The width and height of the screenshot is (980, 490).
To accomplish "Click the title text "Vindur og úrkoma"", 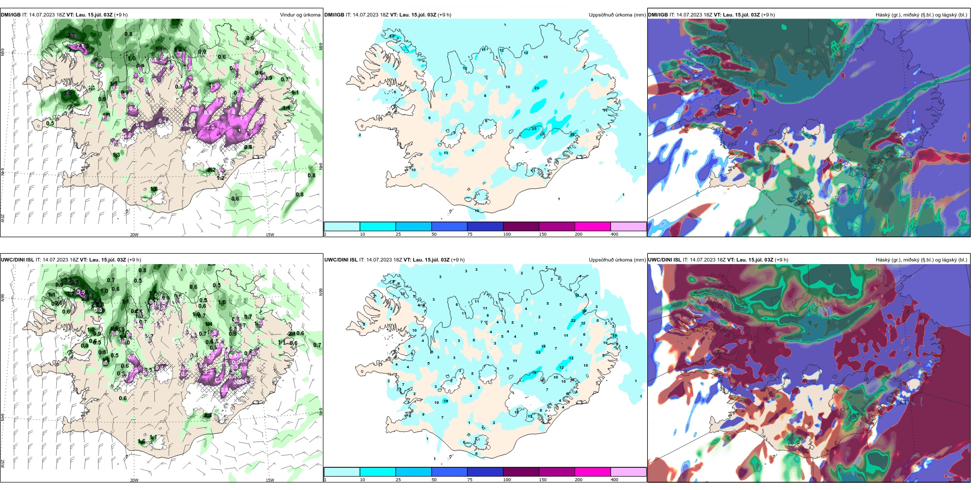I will pos(300,15).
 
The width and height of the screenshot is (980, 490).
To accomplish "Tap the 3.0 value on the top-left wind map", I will pos(68,94).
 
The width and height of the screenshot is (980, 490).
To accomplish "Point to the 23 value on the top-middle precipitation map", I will pos(536,88).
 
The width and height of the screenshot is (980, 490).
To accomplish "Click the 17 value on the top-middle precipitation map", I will pos(391,37).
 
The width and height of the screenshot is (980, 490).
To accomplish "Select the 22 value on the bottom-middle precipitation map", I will pos(573,321).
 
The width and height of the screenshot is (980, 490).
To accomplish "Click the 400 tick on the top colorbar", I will pos(614,234).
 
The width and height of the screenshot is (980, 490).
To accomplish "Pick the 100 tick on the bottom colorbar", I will pos(507,480).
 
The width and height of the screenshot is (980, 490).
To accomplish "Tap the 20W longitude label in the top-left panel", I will pos(134,235).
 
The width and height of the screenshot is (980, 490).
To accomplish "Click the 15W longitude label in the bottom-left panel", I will pos(270,480).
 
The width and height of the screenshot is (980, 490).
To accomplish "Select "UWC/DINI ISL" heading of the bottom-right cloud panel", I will pos(664,260).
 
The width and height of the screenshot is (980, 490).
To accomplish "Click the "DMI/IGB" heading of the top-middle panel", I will pos(334,15).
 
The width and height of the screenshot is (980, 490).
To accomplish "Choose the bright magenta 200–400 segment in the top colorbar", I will pos(593,226).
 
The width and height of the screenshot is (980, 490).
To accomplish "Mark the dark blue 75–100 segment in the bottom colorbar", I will pos(485,472).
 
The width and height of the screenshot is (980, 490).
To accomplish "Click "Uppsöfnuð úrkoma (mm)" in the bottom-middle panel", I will pos(617,260).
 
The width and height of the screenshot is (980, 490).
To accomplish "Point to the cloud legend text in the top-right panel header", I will pos(921,15).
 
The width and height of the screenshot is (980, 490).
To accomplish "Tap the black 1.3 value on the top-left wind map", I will pos(117,155).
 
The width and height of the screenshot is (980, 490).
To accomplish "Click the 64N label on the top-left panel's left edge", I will pos(3,171).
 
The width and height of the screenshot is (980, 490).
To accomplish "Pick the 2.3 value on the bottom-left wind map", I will pos(207,415).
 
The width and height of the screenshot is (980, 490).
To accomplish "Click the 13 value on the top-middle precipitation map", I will pos(446,153).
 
